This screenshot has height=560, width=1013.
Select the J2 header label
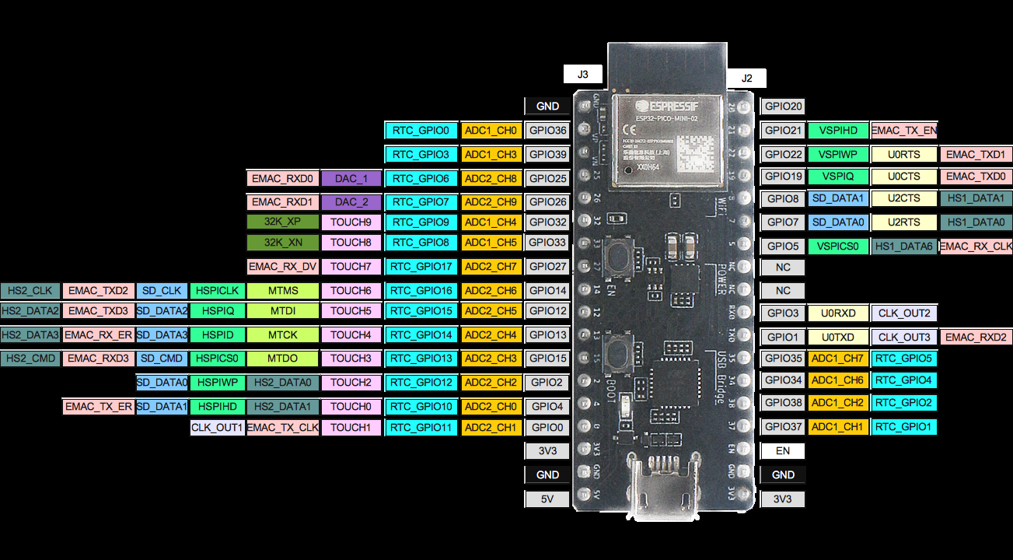(746, 78)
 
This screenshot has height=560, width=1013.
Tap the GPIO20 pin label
(783, 107)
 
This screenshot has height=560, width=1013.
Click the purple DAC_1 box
(351, 178)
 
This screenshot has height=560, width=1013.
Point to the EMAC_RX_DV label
(283, 267)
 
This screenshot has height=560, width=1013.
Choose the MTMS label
(283, 291)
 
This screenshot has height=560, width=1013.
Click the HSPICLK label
(218, 291)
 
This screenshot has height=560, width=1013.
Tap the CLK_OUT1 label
(217, 427)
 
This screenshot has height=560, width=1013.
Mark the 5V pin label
(547, 499)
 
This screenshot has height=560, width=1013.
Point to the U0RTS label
(903, 155)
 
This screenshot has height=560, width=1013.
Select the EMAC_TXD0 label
(975, 177)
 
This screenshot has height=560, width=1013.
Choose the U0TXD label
(838, 337)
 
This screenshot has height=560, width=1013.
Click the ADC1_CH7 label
(837, 359)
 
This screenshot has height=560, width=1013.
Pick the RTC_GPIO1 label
(903, 426)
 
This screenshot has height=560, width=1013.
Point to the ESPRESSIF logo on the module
(665, 105)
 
